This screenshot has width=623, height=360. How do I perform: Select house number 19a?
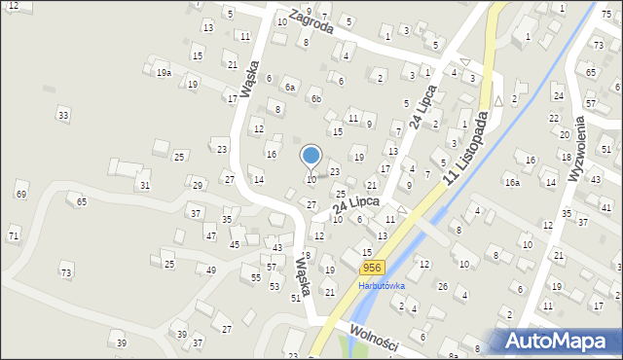click(x=164, y=72)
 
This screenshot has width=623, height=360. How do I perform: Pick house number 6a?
click(x=289, y=87)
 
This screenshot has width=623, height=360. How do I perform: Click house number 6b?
click(x=315, y=98)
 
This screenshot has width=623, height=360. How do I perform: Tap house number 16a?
click(x=511, y=182)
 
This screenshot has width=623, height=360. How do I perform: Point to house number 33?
click(x=63, y=115)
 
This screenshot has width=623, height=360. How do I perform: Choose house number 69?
click(x=20, y=195)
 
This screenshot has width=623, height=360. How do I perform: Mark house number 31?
click(x=144, y=185)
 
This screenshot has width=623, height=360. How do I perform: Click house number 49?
click(x=211, y=269)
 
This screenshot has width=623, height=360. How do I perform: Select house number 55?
click(x=255, y=277)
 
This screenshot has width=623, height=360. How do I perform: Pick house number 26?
click(x=442, y=286)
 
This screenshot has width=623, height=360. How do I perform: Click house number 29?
click(x=198, y=185)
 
